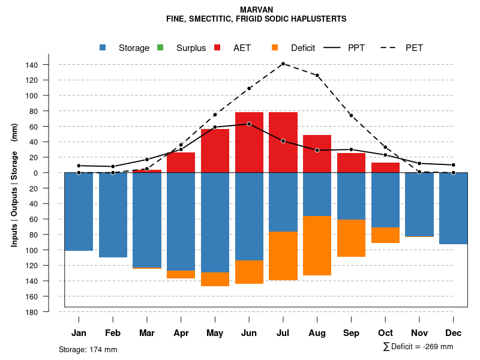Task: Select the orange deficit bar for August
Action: tap(317, 245)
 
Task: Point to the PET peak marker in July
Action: tap(283, 64)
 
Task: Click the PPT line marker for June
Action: tap(249, 124)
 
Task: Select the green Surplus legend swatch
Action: tap(160, 48)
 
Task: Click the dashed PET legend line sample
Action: tap(391, 48)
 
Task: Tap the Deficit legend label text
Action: tap(303, 48)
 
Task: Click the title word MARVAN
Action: tap(256, 10)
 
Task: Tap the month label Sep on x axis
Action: tap(352, 333)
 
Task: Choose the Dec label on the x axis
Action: tap(454, 333)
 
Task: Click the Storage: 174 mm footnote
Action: tap(88, 349)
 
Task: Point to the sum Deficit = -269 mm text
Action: tap(418, 347)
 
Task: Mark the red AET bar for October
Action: tap(385, 167)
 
